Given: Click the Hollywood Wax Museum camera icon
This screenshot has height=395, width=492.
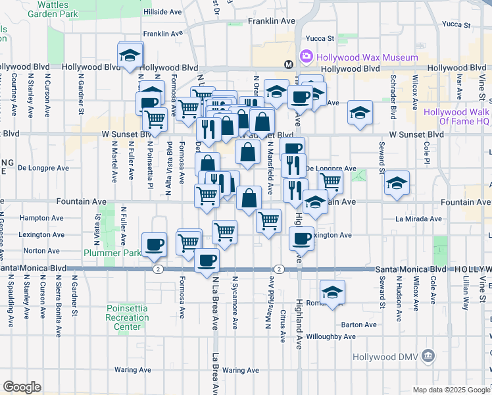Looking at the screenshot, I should click(307, 57).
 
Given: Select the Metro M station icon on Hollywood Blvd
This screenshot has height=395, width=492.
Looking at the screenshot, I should click(288, 64).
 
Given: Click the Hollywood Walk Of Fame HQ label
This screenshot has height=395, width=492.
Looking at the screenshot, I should click(456, 117).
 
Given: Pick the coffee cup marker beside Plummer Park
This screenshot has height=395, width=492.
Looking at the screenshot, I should click(155, 244).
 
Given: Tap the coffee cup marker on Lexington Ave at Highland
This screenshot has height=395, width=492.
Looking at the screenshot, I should click(301, 238).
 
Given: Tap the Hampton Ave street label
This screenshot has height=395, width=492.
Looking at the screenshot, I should click(42, 218).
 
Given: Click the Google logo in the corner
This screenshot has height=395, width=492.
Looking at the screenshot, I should click(22, 387).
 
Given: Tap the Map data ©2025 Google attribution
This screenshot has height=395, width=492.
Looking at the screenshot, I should click(451, 390).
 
